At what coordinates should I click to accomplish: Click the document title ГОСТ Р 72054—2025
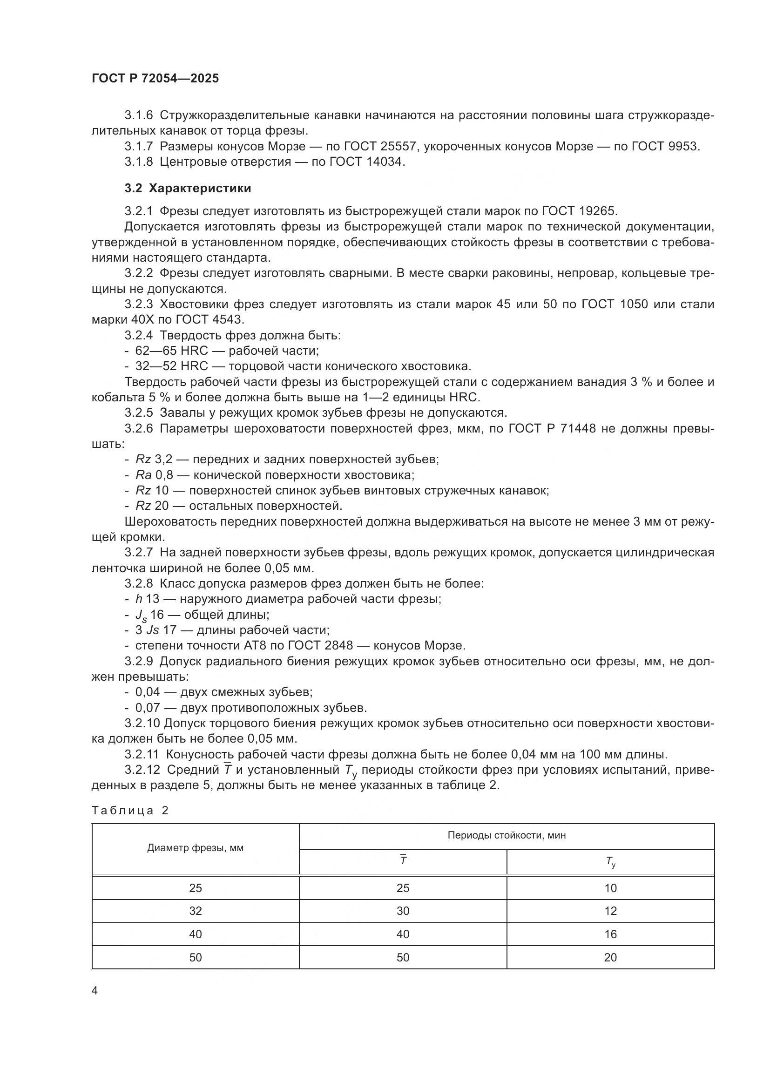coord(155,79)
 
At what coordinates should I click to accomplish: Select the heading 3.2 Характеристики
coord(188,188)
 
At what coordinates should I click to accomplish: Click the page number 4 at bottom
coord(95,991)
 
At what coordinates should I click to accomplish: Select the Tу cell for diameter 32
coord(610,911)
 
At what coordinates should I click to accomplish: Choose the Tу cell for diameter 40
coord(610,934)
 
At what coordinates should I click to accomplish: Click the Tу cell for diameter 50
coord(610,957)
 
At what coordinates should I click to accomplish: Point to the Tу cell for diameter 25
coord(610,888)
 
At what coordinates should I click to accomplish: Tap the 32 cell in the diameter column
coord(196,911)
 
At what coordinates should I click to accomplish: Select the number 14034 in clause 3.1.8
coord(385,162)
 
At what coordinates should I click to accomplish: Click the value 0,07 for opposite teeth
coord(148,708)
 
